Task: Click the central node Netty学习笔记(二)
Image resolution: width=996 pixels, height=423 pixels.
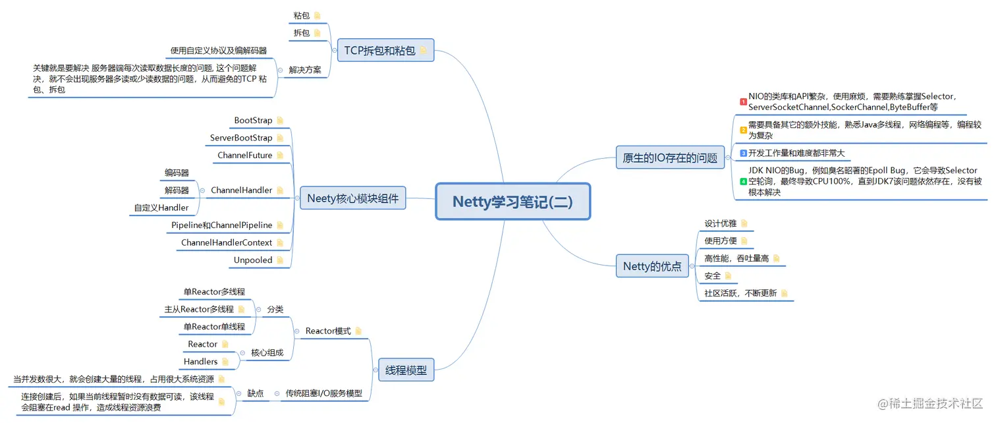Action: (x=512, y=202)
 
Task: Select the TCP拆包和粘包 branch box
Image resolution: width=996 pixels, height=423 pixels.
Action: (x=385, y=50)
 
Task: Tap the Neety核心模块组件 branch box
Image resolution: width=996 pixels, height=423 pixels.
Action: (x=353, y=198)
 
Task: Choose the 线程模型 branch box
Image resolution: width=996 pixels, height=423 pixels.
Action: (x=406, y=370)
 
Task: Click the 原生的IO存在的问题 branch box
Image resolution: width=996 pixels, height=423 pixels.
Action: (x=670, y=157)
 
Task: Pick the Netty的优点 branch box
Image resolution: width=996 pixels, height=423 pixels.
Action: (x=652, y=266)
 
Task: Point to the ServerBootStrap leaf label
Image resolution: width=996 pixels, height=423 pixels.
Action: (x=241, y=138)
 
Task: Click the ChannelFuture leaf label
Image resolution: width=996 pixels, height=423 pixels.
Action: (x=245, y=155)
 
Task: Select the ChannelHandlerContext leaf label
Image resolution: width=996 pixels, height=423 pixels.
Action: (x=227, y=242)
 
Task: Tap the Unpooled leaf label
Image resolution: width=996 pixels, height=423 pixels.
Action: (x=253, y=260)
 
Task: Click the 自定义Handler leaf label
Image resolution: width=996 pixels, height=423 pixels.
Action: (x=161, y=208)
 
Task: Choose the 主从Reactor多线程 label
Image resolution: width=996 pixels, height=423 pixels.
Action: (x=199, y=309)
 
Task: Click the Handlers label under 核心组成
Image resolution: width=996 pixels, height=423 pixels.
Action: (x=201, y=362)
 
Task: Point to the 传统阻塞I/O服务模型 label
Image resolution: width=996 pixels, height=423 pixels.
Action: (x=323, y=393)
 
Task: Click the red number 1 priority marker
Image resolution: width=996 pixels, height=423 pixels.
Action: (x=743, y=101)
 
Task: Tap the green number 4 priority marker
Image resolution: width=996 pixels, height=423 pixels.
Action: (x=743, y=181)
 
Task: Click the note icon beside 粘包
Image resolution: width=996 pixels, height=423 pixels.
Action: (x=318, y=15)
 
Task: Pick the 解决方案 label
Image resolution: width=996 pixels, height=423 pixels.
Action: (x=305, y=70)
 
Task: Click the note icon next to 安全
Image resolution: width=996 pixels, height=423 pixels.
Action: (x=728, y=275)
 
